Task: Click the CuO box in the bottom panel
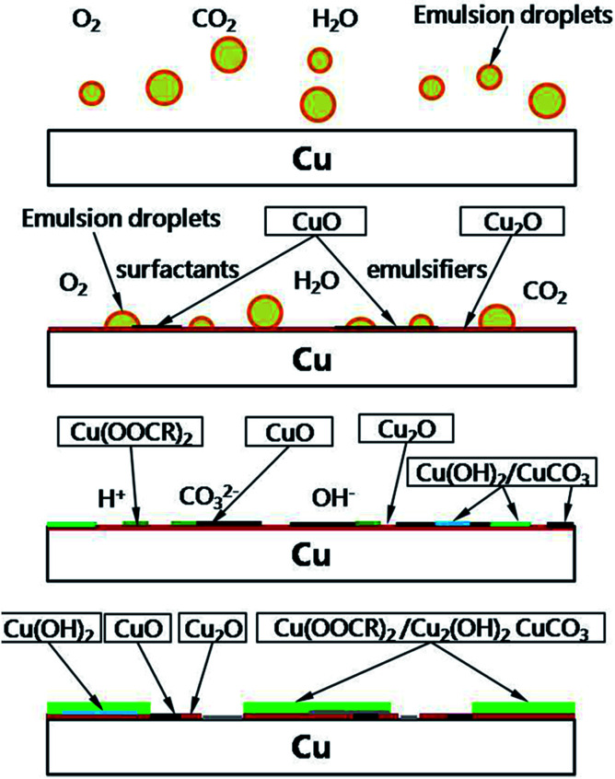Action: click(140, 629)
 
